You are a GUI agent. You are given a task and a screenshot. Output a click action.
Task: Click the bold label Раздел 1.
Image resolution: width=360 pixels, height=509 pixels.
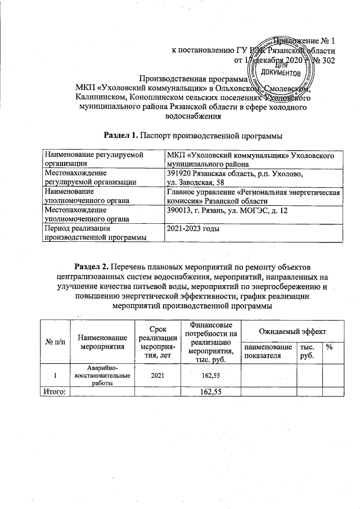[x=121, y=135]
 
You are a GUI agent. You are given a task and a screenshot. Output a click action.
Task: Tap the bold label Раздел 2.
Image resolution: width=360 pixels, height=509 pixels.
[x=93, y=265]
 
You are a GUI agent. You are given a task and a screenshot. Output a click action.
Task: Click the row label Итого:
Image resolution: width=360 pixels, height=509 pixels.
[x=51, y=391]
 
